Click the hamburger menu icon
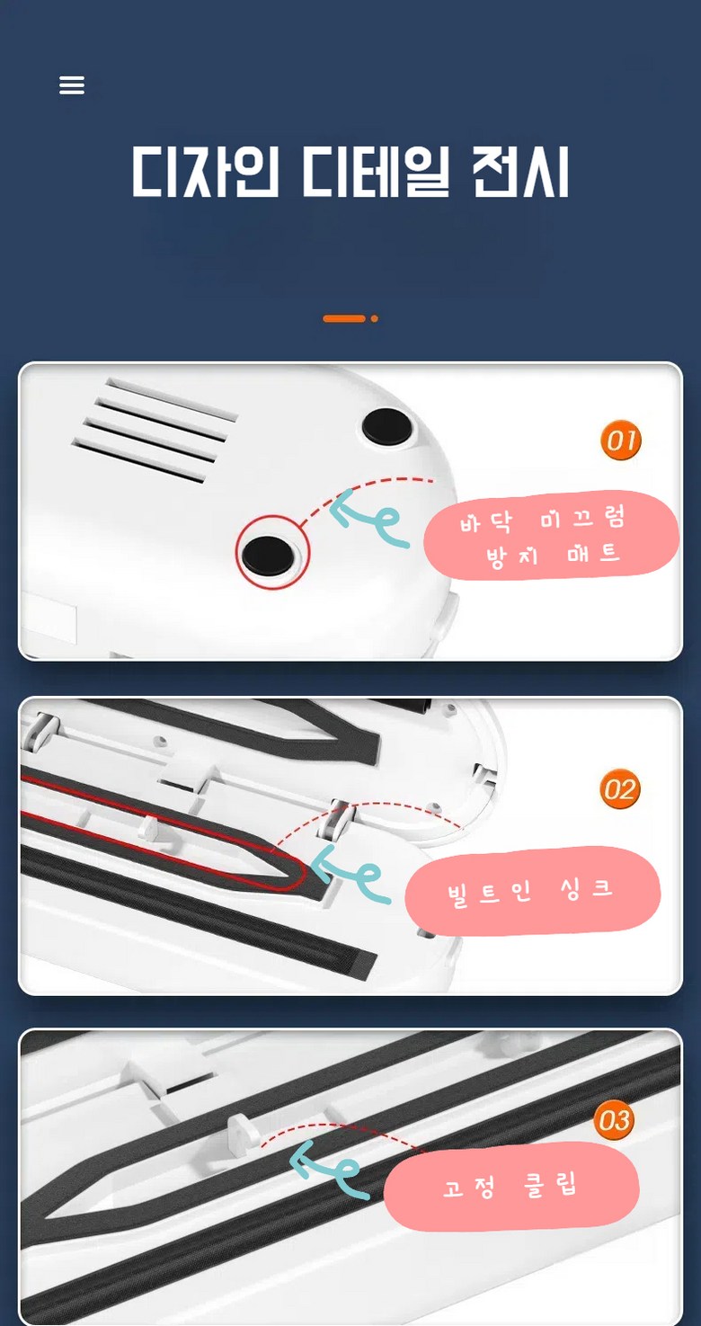coord(72,85)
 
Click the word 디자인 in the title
coord(205,171)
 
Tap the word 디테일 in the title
coord(376,171)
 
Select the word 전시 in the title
coord(520,171)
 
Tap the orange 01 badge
coord(620,440)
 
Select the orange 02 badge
coord(620,789)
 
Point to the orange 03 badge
coord(614,1120)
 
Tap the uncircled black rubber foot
coord(387,425)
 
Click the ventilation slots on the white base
coord(155,431)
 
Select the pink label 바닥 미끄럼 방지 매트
coord(551,536)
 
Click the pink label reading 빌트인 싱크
coord(532,892)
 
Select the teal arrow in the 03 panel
coord(330,1170)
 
